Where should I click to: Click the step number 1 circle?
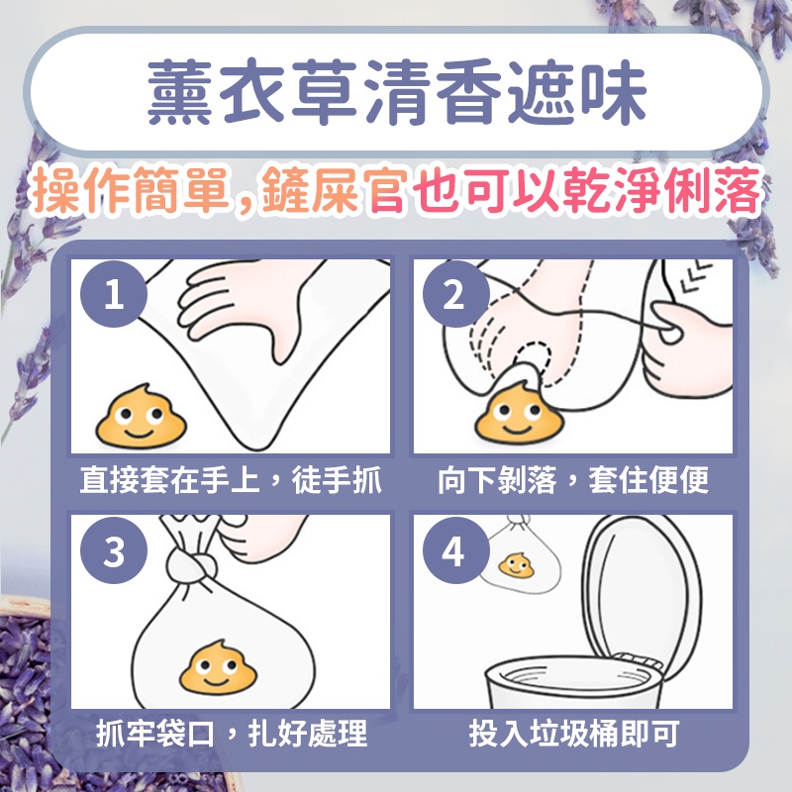click(114, 293)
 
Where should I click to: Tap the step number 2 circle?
click(455, 293)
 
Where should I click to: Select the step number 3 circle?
click(114, 550)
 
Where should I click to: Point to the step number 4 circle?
click(455, 550)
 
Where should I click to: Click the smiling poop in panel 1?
click(141, 416)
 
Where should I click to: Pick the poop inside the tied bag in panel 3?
click(218, 666)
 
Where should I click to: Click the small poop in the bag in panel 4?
click(516, 565)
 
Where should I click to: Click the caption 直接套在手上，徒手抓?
click(231, 480)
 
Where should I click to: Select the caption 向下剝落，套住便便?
click(573, 480)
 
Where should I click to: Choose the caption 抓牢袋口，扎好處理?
click(232, 734)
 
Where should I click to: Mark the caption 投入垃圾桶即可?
click(574, 734)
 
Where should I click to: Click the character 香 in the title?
click(468, 91)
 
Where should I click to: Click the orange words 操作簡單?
click(131, 190)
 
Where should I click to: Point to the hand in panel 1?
click(243, 303)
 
